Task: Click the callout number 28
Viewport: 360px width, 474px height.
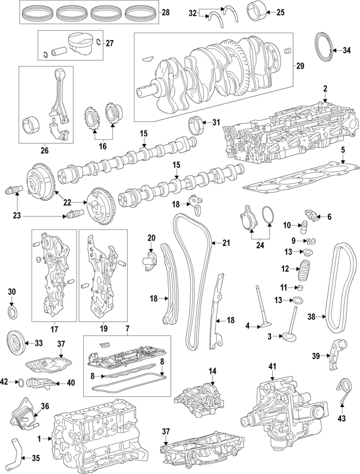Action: [x=165, y=12]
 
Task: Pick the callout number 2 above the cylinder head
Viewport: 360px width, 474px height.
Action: [x=325, y=89]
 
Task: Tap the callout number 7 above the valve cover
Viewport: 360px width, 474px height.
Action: [x=128, y=328]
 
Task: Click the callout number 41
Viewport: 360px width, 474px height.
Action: [x=273, y=366]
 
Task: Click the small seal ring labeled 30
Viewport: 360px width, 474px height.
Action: [x=13, y=312]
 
